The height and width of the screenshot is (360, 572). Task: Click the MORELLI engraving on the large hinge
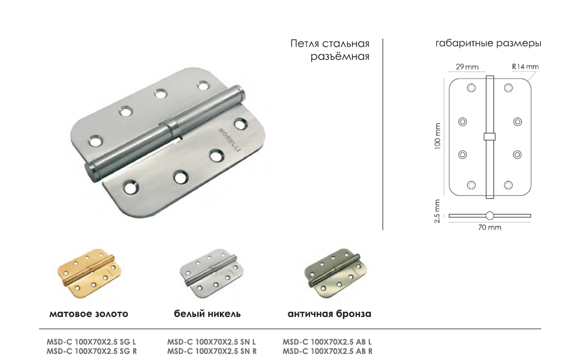tap(230, 139)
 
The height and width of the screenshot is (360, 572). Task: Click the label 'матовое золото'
tap(89, 314)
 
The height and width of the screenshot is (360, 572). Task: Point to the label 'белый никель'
tap(207, 314)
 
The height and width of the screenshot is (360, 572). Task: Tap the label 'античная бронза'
tap(330, 314)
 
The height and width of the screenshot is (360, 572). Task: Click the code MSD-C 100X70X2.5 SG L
tap(91, 342)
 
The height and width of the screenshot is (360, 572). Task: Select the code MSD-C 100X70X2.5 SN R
tap(212, 351)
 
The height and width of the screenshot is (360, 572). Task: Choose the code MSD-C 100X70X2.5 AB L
tap(327, 342)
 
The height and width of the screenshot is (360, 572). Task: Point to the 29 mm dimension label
tap(467, 67)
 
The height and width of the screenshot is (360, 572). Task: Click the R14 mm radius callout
tap(525, 67)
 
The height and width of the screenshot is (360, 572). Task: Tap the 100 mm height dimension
tap(437, 136)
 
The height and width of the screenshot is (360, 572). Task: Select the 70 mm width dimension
tap(489, 228)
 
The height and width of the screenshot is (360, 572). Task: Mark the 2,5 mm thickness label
tap(437, 211)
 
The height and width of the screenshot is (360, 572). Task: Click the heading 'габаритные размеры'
tap(488, 44)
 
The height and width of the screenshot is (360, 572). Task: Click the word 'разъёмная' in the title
tap(340, 56)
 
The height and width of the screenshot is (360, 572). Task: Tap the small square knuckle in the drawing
tap(489, 136)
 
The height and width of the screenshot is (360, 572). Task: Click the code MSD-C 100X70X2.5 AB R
tap(327, 351)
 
